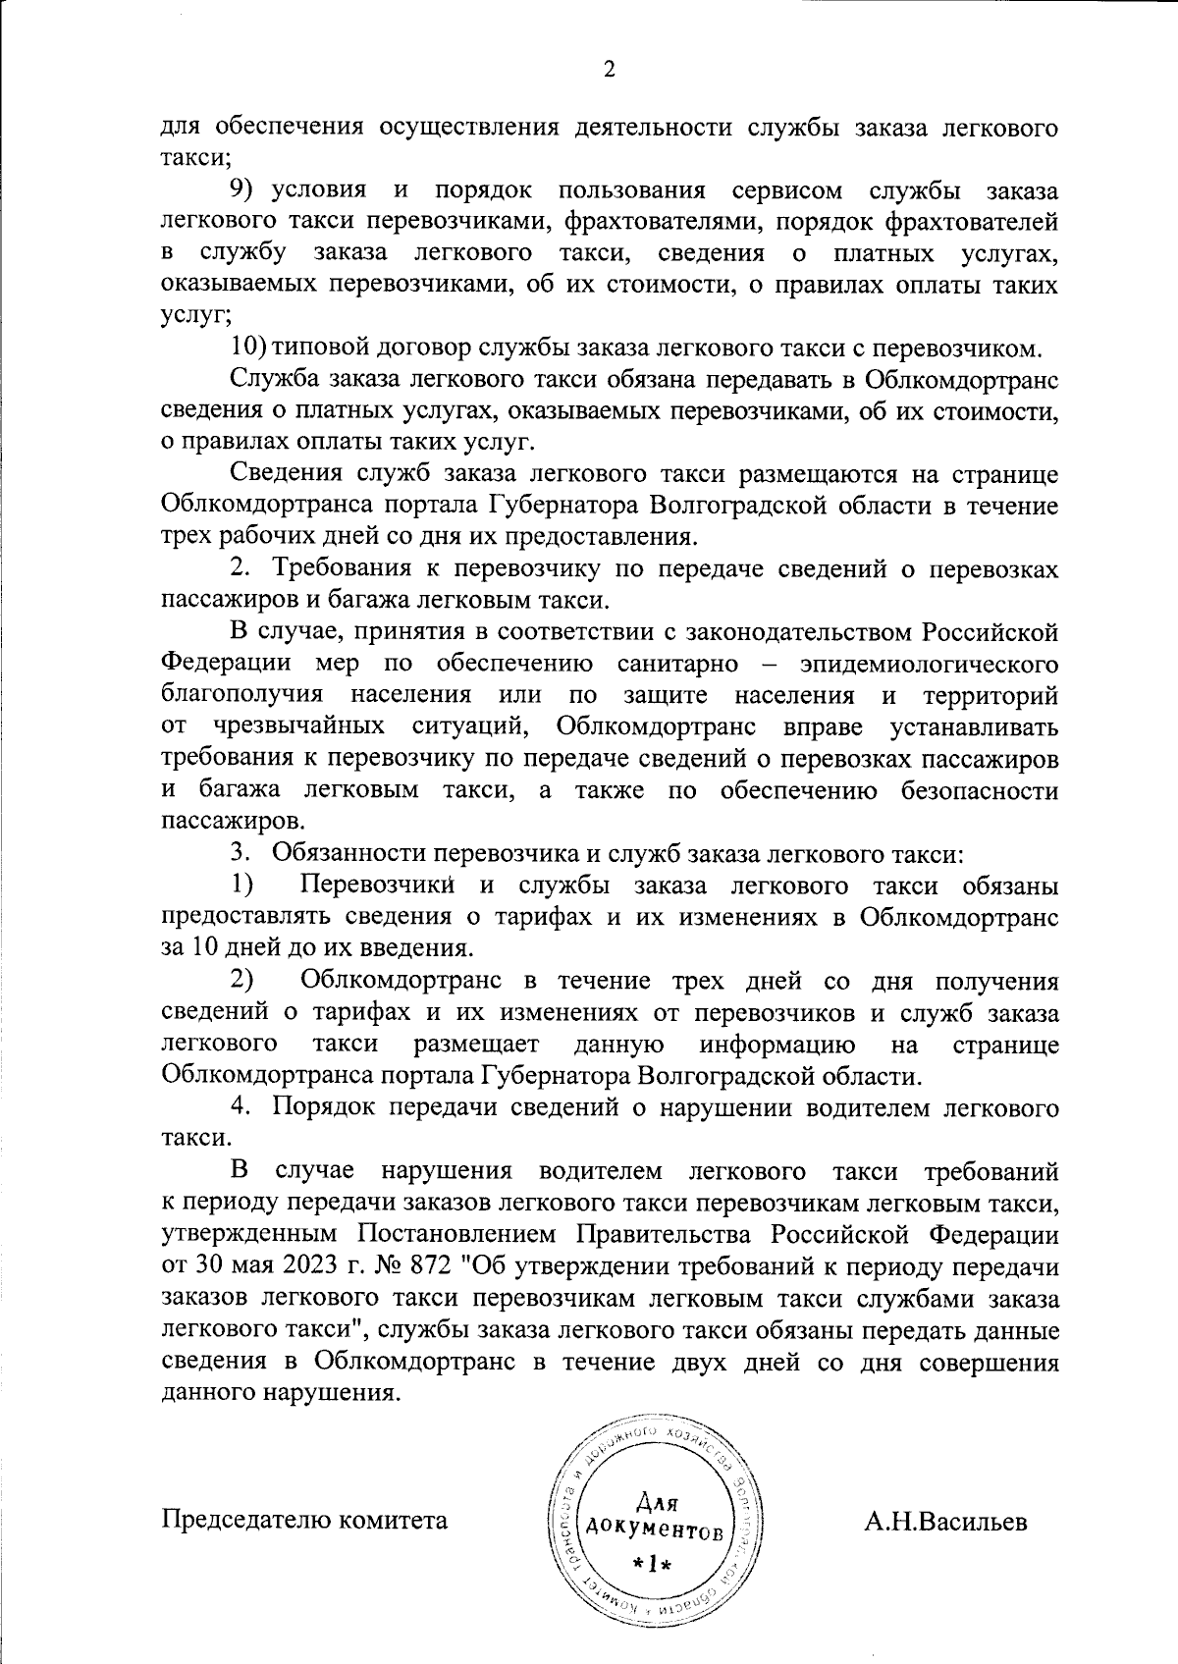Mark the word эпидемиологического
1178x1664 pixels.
[929, 663]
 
